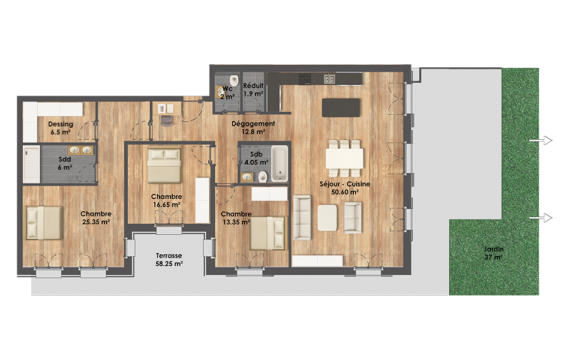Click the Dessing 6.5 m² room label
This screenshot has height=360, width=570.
[61, 128]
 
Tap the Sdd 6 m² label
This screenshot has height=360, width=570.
[65, 163]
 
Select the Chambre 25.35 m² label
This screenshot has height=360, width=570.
[96, 218]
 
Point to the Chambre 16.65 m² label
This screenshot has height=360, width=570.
[166, 200]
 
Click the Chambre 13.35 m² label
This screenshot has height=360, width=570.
[236, 218]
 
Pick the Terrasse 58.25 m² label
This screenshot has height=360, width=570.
[169, 260]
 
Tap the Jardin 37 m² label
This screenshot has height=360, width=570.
[494, 253]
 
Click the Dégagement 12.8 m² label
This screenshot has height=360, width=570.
[253, 128]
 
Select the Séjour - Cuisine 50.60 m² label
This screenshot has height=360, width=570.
[344, 188]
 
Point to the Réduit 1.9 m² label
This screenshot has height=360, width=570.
[253, 89]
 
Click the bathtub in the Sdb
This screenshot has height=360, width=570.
[280, 163]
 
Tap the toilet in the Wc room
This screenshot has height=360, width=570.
[234, 79]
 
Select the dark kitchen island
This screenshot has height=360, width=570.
[341, 107]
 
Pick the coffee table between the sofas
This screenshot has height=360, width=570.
[327, 218]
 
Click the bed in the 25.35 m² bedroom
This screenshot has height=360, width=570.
[44, 223]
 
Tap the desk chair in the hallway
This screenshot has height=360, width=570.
[166, 121]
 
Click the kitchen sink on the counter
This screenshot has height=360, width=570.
[329, 78]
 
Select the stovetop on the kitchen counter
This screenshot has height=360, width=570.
[305, 79]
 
